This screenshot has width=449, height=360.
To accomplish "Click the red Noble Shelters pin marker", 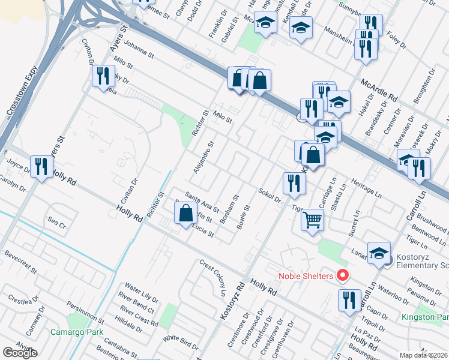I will (343, 276).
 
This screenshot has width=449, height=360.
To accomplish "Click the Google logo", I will (20, 353).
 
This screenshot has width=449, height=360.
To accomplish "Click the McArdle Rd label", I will (379, 90).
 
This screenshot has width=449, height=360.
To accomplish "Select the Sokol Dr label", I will (270, 195).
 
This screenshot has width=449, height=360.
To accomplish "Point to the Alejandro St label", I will (203, 157).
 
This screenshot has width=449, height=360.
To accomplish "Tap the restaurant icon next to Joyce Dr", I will (41, 165).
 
